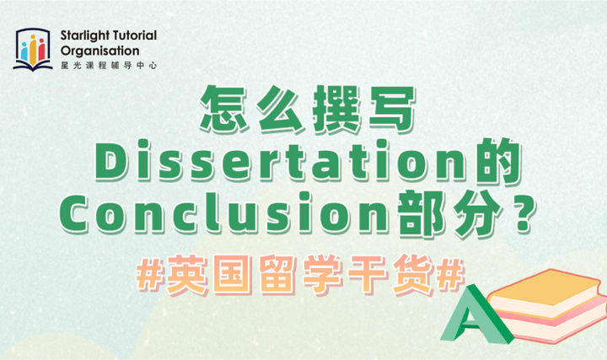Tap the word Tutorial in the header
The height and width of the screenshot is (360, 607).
[x=135, y=36]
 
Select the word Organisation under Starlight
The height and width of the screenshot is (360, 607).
[x=101, y=50]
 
